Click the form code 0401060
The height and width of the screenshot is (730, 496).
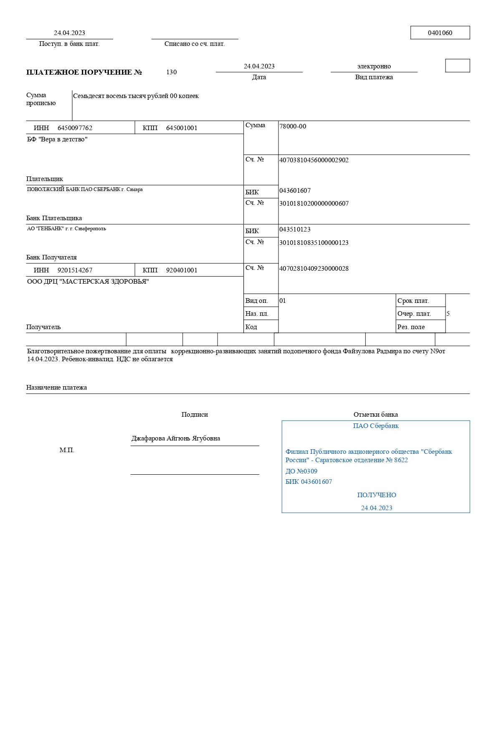(440, 33)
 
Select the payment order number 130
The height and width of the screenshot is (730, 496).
(171, 72)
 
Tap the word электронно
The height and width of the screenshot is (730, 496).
(374, 66)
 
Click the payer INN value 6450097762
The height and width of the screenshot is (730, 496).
(75, 128)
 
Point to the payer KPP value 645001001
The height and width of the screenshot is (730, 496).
(182, 128)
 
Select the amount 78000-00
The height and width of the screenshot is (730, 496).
(292, 126)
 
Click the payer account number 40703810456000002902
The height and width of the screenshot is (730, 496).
(314, 160)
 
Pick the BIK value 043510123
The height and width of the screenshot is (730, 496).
(295, 229)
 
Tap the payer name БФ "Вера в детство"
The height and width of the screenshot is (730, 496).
(57, 139)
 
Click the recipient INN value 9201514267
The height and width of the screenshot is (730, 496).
(75, 270)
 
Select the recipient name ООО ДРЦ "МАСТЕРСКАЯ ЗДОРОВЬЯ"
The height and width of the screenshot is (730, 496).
(88, 282)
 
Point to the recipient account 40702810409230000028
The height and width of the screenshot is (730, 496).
(314, 269)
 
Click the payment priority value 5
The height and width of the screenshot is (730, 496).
(448, 314)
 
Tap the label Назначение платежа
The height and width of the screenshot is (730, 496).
(56, 388)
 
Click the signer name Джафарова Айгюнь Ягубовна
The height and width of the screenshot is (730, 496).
(175, 438)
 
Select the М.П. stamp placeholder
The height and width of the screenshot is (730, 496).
(67, 450)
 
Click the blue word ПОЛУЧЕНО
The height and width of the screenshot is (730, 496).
(377, 495)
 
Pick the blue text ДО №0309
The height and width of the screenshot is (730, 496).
(301, 471)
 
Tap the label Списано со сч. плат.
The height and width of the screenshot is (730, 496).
(195, 44)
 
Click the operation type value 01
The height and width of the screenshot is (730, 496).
(283, 301)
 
